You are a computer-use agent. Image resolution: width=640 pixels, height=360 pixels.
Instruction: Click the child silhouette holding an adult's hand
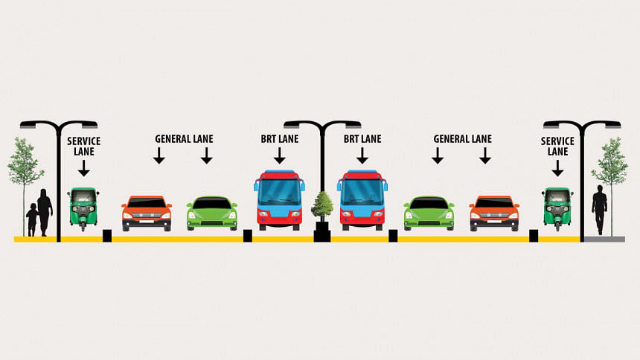pyautogui.click(x=31, y=220)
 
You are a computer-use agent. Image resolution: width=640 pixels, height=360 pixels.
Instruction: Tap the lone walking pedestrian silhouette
pyautogui.click(x=599, y=209)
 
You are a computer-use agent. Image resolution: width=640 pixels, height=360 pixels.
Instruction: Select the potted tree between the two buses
pyautogui.click(x=322, y=206)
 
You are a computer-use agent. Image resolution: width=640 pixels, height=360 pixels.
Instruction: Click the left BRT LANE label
pyautogui.click(x=279, y=139)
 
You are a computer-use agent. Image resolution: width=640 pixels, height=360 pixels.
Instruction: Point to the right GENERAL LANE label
pyautogui.click(x=462, y=139)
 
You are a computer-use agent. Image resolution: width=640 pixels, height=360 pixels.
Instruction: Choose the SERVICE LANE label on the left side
pyautogui.click(x=83, y=146)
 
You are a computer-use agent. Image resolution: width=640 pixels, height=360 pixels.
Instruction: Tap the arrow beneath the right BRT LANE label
pyautogui.click(x=362, y=155)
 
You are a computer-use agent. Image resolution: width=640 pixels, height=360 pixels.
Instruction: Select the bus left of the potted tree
pyautogui.click(x=280, y=199)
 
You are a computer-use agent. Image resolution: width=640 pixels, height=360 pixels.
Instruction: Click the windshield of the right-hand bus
pyautogui.click(x=362, y=192)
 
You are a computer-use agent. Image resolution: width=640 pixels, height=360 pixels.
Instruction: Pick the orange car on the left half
pyautogui.click(x=147, y=213)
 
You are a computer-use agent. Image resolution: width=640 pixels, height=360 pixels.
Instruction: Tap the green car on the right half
pyautogui.click(x=429, y=213)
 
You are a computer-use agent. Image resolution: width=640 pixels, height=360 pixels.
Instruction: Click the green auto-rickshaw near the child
pyautogui.click(x=83, y=207)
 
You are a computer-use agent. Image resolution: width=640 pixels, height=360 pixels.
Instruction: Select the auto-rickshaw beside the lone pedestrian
pyautogui.click(x=557, y=207)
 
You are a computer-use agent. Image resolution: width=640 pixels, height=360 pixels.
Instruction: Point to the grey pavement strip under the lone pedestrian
pyautogui.click(x=604, y=239)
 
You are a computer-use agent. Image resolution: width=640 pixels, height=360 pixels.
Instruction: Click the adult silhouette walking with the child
pyautogui.click(x=45, y=211)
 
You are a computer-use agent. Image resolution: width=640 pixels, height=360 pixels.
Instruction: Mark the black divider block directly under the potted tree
pyautogui.click(x=322, y=236)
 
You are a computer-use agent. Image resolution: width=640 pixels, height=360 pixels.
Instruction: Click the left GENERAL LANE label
pyautogui.click(x=183, y=139)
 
